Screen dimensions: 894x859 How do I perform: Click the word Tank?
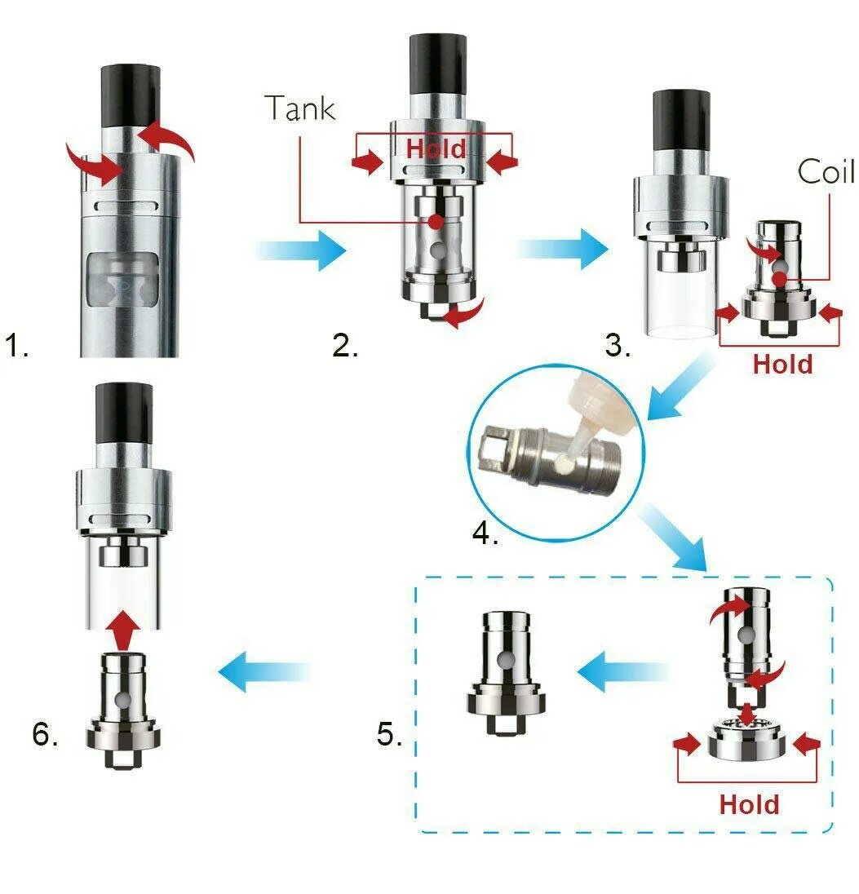[x=300, y=108]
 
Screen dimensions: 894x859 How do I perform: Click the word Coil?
[x=826, y=172]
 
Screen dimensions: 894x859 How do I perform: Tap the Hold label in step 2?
[x=436, y=148]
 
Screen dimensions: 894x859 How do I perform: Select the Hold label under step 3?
[x=782, y=364]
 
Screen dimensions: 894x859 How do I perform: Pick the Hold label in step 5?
[x=749, y=804]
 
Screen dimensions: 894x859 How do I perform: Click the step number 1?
[x=17, y=346]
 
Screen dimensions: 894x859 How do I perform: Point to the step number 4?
[x=485, y=535]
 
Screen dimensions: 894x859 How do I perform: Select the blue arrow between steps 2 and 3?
[x=563, y=248]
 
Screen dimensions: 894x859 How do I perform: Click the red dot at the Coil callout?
[x=781, y=280]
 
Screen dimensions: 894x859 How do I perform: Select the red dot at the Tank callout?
[x=436, y=221]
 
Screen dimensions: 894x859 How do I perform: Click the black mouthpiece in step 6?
[x=124, y=416]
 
